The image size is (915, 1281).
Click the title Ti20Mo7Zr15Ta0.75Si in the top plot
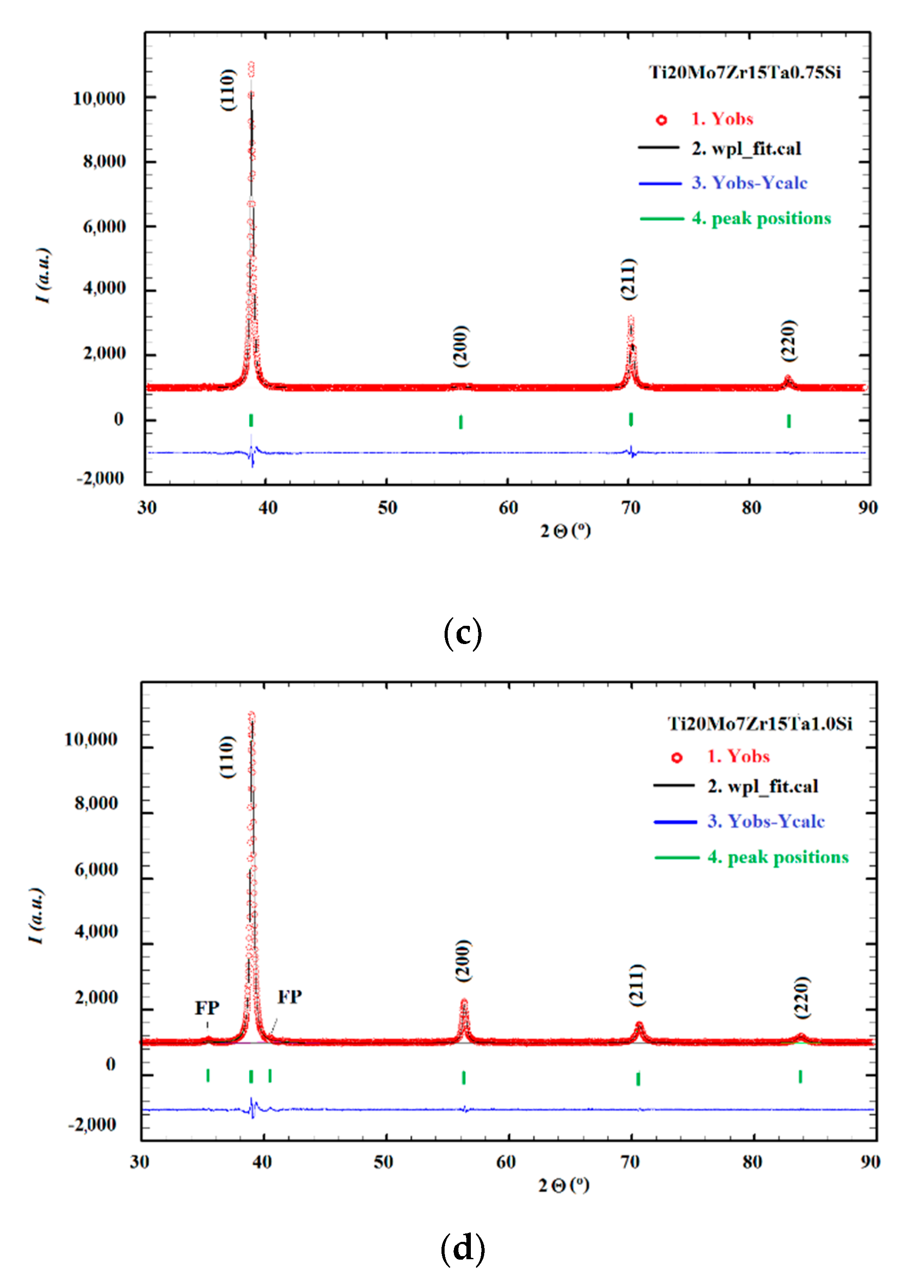(745, 73)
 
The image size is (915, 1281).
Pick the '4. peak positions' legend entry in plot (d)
(777, 857)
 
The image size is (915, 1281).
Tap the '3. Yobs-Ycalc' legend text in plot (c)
(749, 183)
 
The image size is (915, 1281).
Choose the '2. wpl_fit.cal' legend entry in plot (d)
(762, 786)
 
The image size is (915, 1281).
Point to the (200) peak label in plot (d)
(463, 961)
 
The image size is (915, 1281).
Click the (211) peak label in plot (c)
(628, 279)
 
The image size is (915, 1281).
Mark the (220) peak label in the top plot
(788, 341)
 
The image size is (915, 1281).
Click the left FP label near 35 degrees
(207, 1007)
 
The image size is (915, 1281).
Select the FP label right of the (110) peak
(290, 997)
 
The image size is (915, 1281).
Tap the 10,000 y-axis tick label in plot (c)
(99, 99)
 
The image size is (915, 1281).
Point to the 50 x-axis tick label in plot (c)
(387, 508)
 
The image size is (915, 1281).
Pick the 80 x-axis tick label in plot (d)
(752, 1162)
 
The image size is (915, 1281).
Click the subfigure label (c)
(462, 632)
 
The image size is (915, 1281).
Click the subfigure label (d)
(462, 1248)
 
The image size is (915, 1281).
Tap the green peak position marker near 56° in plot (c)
(461, 422)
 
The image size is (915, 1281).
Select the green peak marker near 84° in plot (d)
(800, 1076)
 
